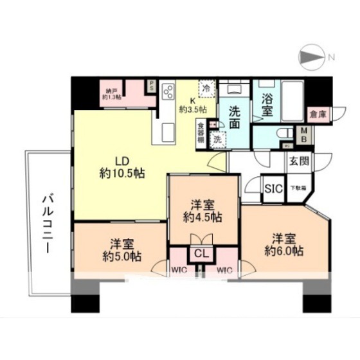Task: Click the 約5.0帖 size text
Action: (x=116, y=258)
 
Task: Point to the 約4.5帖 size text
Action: (x=202, y=217)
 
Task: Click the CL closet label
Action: (x=201, y=253)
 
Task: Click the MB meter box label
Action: (x=305, y=136)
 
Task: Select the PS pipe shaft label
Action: (x=152, y=84)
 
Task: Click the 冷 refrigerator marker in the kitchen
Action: (x=206, y=87)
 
